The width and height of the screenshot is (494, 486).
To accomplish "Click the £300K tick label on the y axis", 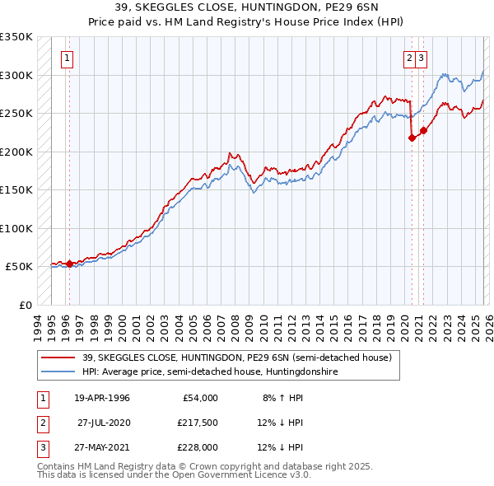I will point(16,75).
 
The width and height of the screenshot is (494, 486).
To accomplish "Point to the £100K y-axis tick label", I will point(16,228).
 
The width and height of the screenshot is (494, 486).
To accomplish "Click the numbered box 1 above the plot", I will point(66,58).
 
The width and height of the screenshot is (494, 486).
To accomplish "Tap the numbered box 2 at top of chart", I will point(409,58).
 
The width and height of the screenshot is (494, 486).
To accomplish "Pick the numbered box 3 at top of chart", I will point(421,58).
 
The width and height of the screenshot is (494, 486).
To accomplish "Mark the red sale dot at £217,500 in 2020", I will point(412,138).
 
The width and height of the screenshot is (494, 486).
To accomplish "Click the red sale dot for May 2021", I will point(423,130).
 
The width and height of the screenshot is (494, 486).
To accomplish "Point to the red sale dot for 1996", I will point(69,264).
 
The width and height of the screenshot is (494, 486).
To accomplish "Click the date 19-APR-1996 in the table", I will point(101,398).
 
